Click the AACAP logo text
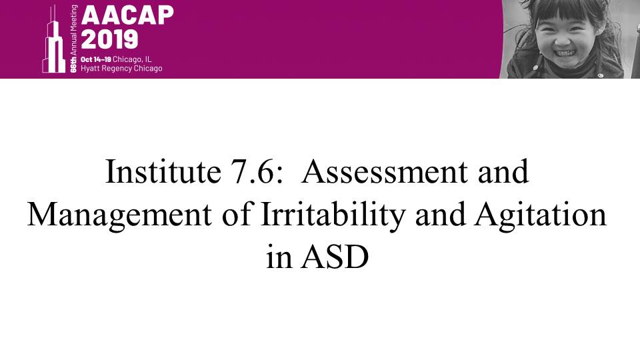coord(127,15)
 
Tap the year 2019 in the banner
coord(109,39)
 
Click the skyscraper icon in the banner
coord(53,39)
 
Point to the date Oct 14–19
coord(95,59)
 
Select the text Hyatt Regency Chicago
coord(121,68)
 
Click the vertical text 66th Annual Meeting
coord(73,39)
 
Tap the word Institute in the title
coord(163,171)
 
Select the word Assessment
coord(385,171)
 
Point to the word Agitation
coord(541,214)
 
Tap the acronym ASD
coord(335,257)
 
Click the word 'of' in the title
coord(236,214)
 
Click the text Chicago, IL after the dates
coord(132,59)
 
